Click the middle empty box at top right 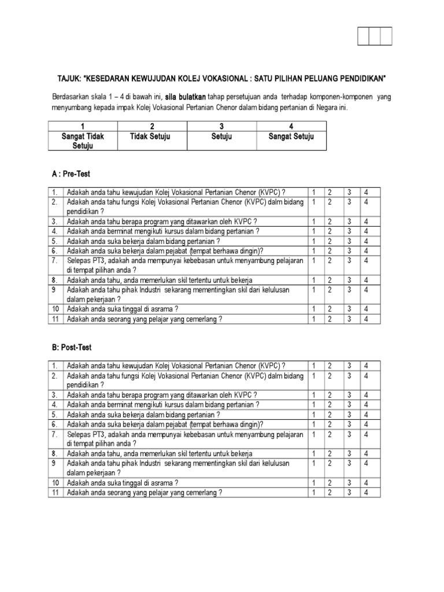375,36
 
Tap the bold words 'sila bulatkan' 186,97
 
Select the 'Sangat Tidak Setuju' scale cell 83,141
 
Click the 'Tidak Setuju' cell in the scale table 152,137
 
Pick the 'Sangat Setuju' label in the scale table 291,137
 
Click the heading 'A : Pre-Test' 71,173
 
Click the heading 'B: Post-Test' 72,347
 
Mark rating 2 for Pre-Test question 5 330,241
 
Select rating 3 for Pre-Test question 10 348,309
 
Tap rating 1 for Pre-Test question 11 312,319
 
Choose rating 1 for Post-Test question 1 312,366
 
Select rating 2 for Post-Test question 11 330,493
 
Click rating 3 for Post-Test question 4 348,405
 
